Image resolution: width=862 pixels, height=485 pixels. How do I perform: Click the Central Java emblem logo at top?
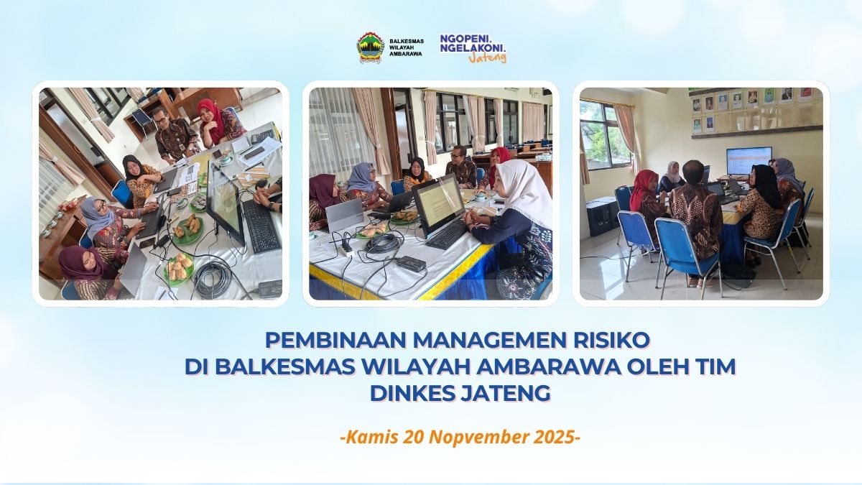tap(371, 48)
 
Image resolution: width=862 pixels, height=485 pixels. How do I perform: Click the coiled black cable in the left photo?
tap(213, 277)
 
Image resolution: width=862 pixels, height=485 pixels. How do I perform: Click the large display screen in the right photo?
tap(749, 161)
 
